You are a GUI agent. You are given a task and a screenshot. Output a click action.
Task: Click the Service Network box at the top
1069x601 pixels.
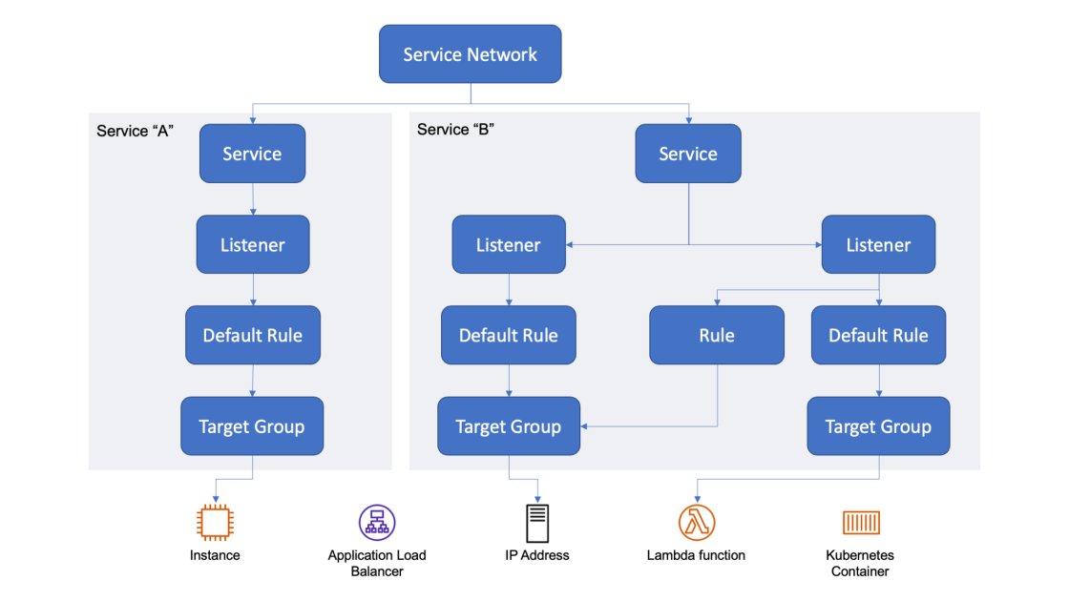pyautogui.click(x=470, y=53)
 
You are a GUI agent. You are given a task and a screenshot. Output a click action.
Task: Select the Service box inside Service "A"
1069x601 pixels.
pyautogui.click(x=252, y=154)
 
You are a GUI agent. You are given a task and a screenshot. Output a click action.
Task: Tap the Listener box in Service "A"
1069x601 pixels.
pyautogui.click(x=253, y=244)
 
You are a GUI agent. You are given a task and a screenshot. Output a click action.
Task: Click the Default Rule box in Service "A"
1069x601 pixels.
pyautogui.click(x=252, y=335)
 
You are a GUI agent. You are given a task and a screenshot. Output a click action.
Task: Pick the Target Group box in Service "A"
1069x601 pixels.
pyautogui.click(x=252, y=425)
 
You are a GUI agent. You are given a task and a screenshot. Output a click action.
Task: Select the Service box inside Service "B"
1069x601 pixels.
pyautogui.click(x=688, y=154)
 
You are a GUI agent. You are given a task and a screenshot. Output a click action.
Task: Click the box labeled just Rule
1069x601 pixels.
pyautogui.click(x=717, y=335)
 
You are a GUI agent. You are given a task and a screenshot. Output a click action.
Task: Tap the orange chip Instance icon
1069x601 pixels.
pyautogui.click(x=215, y=522)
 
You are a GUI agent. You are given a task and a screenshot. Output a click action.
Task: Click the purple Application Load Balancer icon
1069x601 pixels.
pyautogui.click(x=377, y=522)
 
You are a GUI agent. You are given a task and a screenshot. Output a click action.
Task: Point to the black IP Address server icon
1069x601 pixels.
pyautogui.click(x=537, y=523)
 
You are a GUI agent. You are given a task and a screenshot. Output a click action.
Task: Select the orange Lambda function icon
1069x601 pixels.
pyautogui.click(x=697, y=522)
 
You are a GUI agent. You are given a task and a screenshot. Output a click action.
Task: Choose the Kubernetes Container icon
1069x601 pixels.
pyautogui.click(x=860, y=522)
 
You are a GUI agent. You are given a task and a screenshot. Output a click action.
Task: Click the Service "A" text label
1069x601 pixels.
pyautogui.click(x=134, y=130)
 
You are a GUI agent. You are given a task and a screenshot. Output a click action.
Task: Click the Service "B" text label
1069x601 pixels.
pyautogui.click(x=454, y=129)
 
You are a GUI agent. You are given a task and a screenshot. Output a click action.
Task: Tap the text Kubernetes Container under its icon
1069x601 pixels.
pyautogui.click(x=860, y=563)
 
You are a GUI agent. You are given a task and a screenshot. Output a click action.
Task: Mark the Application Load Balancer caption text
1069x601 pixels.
pyautogui.click(x=377, y=563)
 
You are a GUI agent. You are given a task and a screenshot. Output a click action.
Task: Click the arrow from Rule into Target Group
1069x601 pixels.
pyautogui.click(x=649, y=426)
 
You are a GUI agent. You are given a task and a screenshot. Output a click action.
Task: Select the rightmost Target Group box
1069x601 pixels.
pyautogui.click(x=878, y=426)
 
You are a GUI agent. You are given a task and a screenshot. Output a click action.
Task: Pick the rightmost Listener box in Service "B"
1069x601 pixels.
pyautogui.click(x=878, y=245)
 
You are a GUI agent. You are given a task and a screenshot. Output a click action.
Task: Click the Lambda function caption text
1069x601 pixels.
pyautogui.click(x=696, y=554)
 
